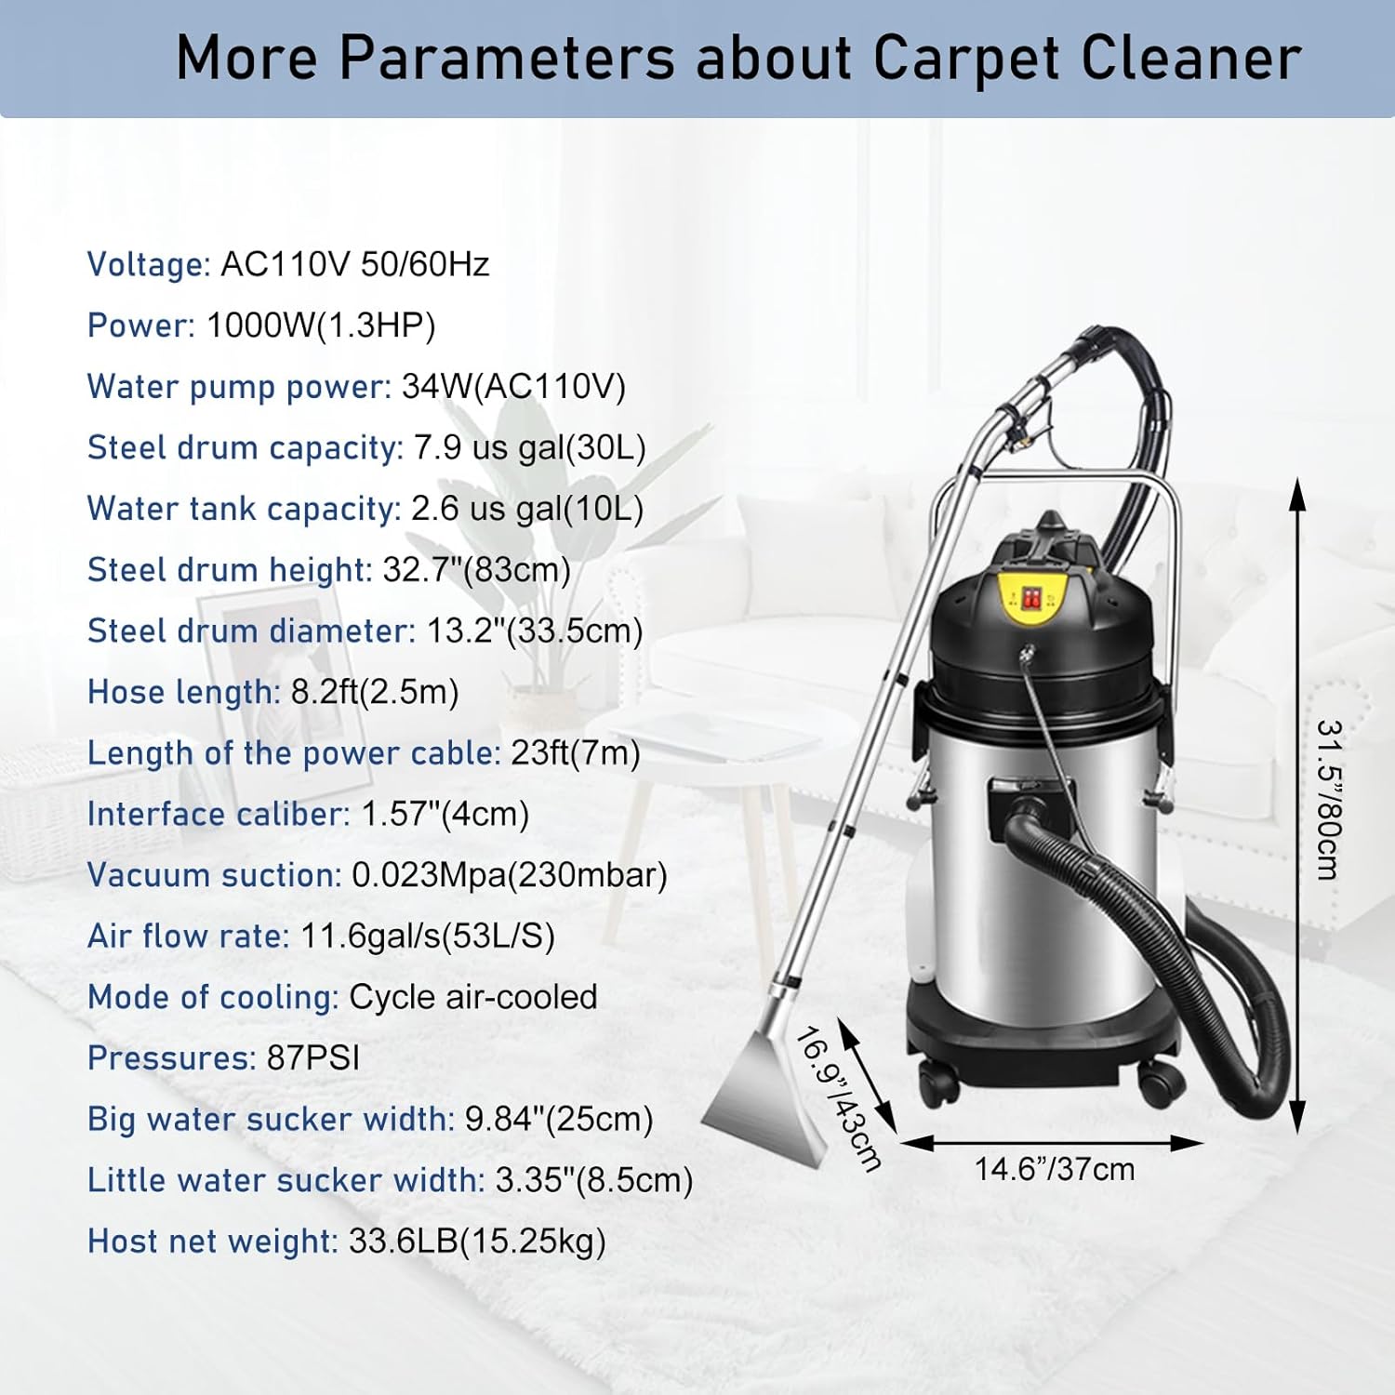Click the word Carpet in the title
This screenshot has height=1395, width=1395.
click(966, 58)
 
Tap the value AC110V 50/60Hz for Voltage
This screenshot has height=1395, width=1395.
click(354, 265)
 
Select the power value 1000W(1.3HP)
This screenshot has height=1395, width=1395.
click(321, 325)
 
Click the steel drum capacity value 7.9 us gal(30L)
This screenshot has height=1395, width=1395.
click(529, 448)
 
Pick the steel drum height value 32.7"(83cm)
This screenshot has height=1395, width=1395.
click(476, 570)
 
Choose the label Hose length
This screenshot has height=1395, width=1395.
click(183, 693)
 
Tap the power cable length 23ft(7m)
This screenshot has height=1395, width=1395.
click(576, 753)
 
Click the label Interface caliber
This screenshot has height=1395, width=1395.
click(218, 815)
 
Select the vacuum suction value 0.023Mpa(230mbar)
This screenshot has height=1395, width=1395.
click(509, 876)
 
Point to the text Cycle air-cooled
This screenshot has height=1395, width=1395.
click(472, 998)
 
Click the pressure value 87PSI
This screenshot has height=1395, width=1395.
click(312, 1058)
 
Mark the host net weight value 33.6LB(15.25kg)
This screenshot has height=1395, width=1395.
click(477, 1242)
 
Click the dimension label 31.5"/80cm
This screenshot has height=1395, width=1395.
click(1329, 800)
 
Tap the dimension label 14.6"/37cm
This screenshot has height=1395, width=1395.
click(1055, 1169)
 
